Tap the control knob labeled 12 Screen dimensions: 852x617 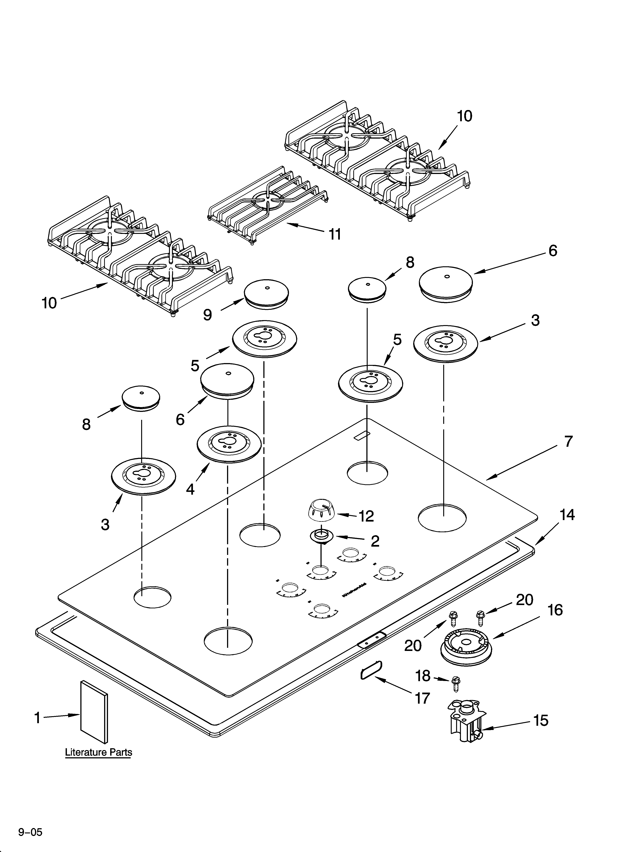(320, 510)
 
